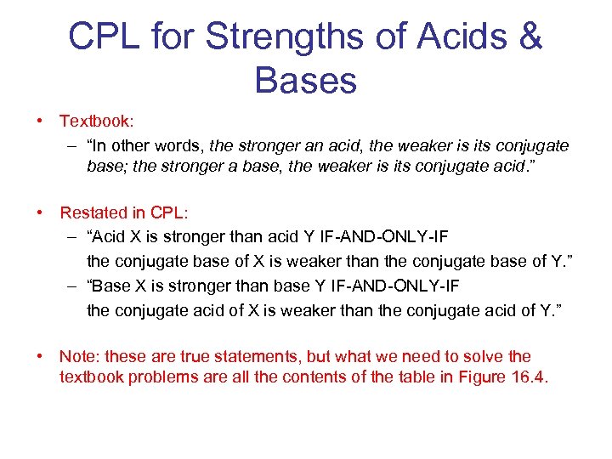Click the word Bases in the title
(305, 81)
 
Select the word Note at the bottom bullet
(78, 356)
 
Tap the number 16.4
(528, 377)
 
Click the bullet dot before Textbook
(41, 122)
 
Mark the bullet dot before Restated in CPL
(41, 212)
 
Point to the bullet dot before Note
(41, 356)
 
